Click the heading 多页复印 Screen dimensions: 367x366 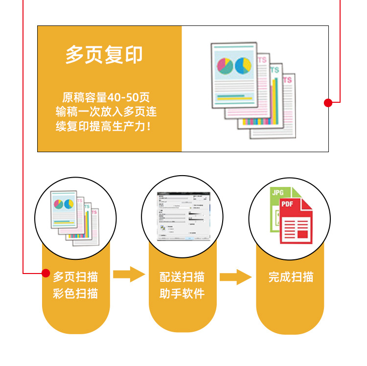click(x=104, y=55)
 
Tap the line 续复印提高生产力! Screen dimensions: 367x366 click(x=103, y=127)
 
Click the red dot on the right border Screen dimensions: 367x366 click(x=328, y=102)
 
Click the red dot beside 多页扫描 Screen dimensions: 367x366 click(x=46, y=273)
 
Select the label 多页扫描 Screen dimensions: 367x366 click(x=75, y=277)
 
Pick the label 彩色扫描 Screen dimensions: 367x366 click(x=75, y=294)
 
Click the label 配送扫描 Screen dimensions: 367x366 click(x=182, y=277)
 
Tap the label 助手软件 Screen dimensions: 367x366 click(x=182, y=294)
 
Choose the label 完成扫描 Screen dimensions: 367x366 click(x=290, y=277)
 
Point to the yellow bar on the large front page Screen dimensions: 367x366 click(x=234, y=98)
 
